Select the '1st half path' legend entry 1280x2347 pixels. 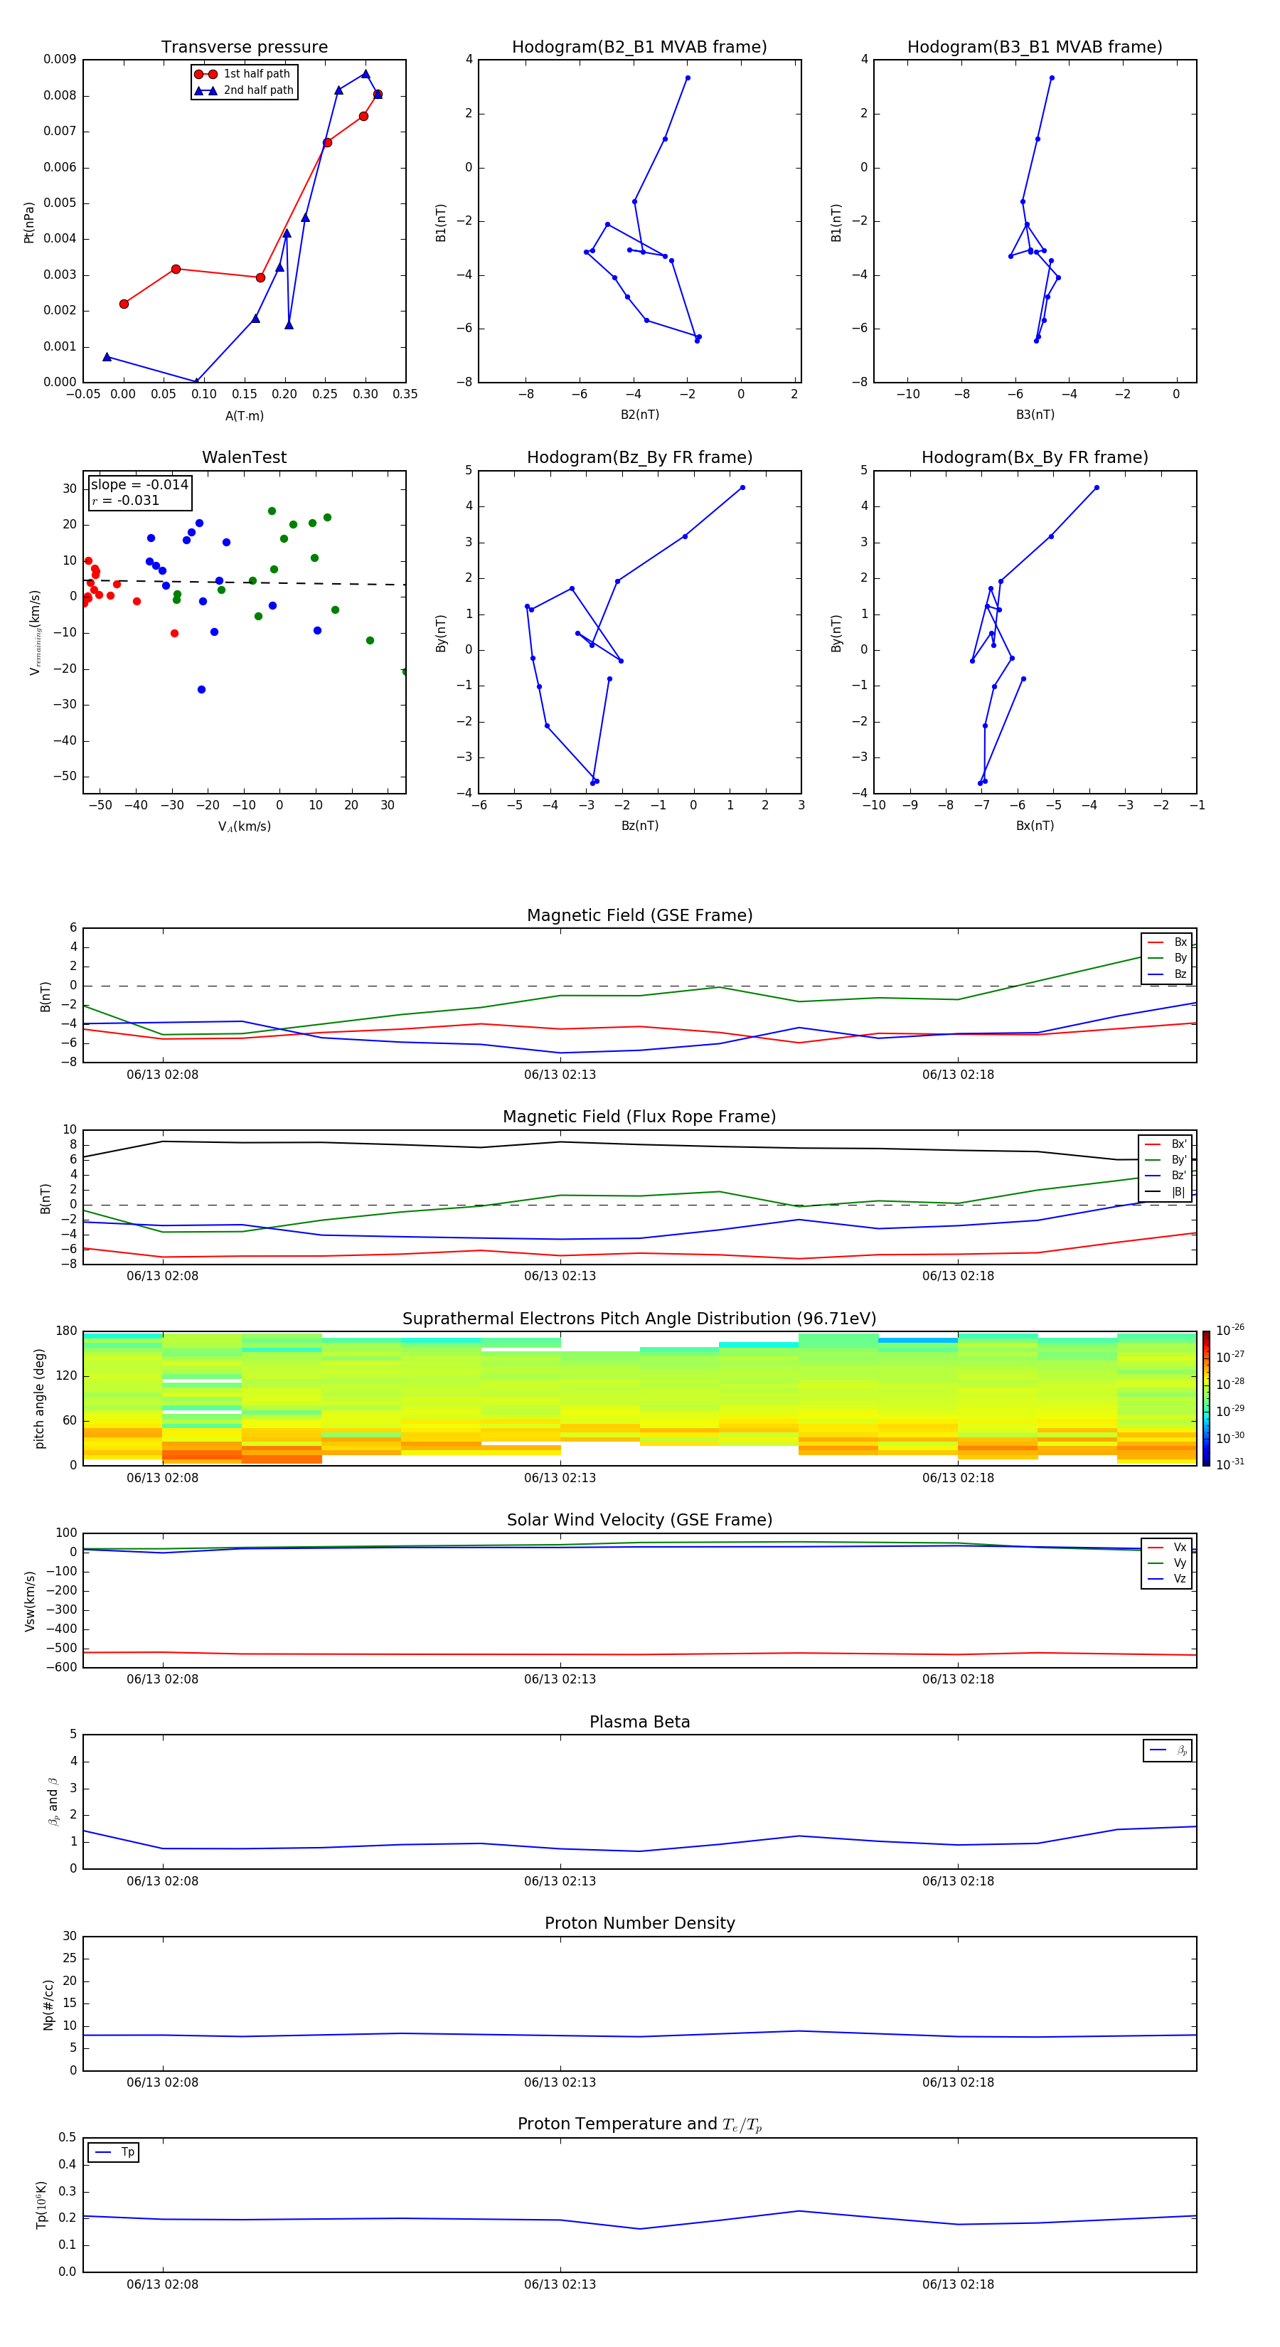click(256, 74)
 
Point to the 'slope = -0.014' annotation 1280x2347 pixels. click(139, 485)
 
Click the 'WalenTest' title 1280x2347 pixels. click(244, 457)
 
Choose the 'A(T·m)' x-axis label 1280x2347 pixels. click(244, 416)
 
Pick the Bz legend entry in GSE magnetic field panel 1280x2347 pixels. click(1180, 974)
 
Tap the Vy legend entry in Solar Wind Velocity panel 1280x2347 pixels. click(1180, 1563)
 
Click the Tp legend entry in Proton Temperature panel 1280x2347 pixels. click(127, 2152)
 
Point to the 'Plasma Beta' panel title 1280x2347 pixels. click(639, 1722)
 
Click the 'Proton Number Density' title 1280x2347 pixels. click(639, 1923)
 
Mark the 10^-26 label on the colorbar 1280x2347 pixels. click(1230, 1330)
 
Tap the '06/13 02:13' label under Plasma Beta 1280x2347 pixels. click(560, 1881)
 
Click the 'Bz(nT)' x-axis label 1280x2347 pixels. click(639, 826)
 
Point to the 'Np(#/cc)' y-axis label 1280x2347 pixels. click(49, 2004)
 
